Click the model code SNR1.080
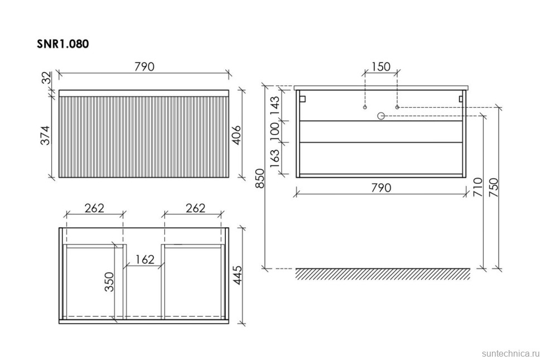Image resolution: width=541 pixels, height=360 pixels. (63, 44)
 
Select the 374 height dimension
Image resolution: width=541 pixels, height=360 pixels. (46, 136)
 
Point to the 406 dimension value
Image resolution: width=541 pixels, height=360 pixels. (236, 136)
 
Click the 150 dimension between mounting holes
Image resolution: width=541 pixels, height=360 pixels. (381, 66)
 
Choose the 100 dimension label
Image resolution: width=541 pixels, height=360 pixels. (274, 132)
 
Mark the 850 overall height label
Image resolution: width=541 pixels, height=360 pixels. (259, 179)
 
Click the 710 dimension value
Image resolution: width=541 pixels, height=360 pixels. (478, 187)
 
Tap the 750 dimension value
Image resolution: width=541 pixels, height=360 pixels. (494, 187)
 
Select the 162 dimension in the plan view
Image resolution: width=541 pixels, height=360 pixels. (144, 259)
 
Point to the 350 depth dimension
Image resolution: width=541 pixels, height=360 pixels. (109, 282)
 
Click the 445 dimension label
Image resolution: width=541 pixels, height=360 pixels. (238, 275)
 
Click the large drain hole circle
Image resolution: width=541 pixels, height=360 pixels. (381, 116)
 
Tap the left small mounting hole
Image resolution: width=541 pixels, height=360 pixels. (365, 107)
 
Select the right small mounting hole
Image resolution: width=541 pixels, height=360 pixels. (397, 107)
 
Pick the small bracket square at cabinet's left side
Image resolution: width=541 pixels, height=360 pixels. (303, 99)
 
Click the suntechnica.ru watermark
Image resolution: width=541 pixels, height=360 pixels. (510, 353)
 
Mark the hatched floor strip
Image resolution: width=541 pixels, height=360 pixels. (383, 274)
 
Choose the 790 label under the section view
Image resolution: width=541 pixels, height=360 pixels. (381, 188)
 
